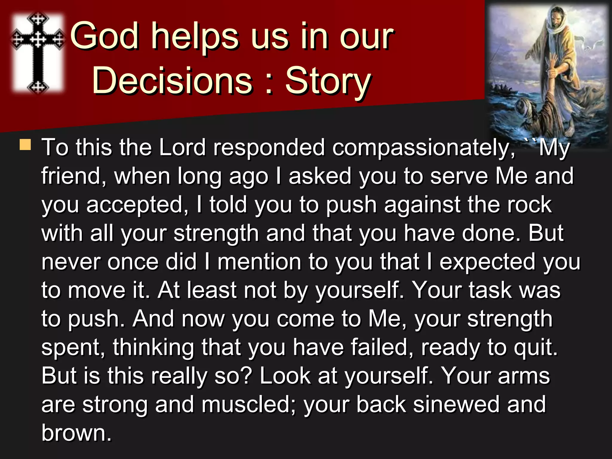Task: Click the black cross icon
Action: pos(38,52)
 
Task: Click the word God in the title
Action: pos(105,36)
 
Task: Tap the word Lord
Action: pos(182,147)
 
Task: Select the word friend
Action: pos(74,176)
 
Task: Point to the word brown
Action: pos(76,433)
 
